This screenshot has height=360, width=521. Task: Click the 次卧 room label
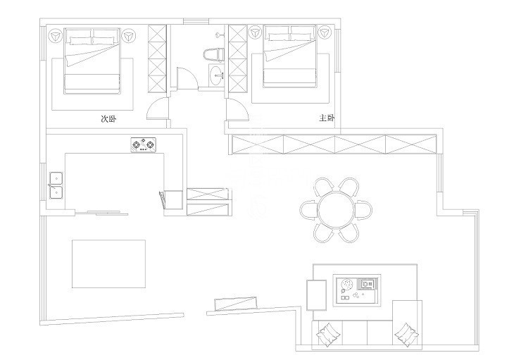coord(108,119)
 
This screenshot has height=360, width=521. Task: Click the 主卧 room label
coord(327,118)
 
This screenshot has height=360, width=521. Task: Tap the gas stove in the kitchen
coord(144,145)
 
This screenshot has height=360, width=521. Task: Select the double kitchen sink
coord(56,185)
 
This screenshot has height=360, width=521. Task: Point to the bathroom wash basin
coord(217,75)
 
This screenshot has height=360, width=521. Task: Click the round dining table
coord(336,210)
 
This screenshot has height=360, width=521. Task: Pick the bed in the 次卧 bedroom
coord(92,61)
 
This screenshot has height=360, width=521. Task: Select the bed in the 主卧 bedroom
coord(289,56)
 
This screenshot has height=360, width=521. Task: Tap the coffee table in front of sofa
coord(357,290)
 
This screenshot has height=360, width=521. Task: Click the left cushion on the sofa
coord(329,333)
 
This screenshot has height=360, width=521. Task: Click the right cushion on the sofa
coord(406,334)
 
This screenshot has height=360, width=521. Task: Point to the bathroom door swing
coord(187,78)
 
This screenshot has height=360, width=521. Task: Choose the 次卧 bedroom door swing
coord(158,108)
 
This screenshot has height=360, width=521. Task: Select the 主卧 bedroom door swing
coord(237,111)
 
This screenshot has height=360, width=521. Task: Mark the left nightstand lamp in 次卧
coord(56,36)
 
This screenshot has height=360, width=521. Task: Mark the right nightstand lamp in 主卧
coord(325,33)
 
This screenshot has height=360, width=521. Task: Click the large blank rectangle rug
coord(108,264)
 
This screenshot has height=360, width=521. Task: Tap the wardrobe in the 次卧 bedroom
coord(157,58)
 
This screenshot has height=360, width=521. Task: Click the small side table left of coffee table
coord(316,295)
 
